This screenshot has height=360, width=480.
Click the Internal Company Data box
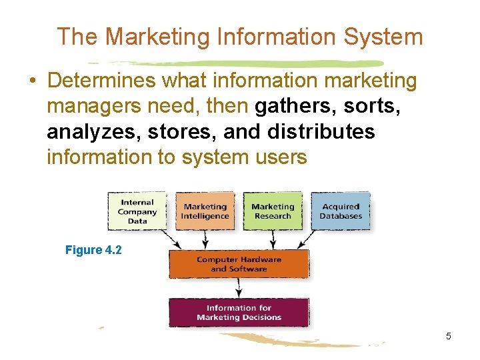[137, 211]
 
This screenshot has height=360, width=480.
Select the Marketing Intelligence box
[205, 211]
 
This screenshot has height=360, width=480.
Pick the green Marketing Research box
[273, 211]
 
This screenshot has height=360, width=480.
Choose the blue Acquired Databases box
[340, 211]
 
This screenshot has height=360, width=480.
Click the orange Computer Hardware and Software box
[239, 264]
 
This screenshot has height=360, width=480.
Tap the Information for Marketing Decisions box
[239, 313]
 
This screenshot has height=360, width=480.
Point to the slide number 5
[449, 336]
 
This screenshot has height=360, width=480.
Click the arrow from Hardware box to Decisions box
[239, 288]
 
